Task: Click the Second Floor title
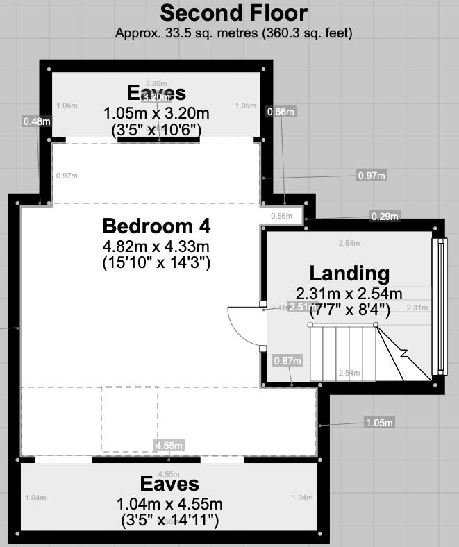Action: click(x=233, y=13)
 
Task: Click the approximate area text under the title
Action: click(x=233, y=32)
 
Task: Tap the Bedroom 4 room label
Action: click(x=156, y=226)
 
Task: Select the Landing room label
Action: click(x=349, y=273)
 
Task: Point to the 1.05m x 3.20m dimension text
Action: click(x=156, y=112)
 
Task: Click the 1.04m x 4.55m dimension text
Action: click(x=170, y=503)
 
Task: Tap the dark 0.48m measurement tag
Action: click(x=36, y=121)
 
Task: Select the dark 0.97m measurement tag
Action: click(x=371, y=176)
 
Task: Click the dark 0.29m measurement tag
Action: click(x=385, y=217)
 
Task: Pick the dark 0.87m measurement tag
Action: click(x=288, y=360)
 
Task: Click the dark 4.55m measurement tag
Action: click(x=169, y=445)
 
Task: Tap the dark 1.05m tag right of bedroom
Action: click(x=379, y=423)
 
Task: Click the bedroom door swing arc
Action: click(x=240, y=326)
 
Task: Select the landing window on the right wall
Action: click(x=440, y=308)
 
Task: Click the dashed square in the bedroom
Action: click(x=130, y=420)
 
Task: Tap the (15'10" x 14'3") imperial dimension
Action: click(x=156, y=262)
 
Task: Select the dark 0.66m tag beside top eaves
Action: click(x=281, y=111)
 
